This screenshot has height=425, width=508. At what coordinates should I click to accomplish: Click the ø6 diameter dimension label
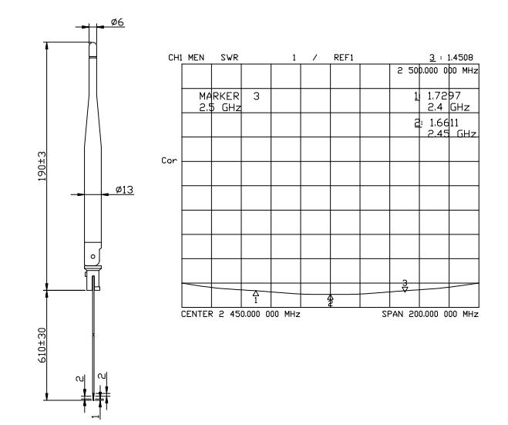[x=117, y=22]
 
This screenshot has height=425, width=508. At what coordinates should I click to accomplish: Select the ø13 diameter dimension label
[x=124, y=189]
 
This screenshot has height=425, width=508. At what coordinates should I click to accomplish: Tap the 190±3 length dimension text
[x=42, y=167]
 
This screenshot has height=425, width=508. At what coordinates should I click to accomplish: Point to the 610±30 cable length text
[x=42, y=345]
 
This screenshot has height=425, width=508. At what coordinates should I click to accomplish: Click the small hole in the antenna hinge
[x=93, y=257]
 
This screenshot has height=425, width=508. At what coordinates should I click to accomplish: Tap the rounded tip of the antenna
[x=93, y=45]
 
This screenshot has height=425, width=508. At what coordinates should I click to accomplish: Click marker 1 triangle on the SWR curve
[x=256, y=293]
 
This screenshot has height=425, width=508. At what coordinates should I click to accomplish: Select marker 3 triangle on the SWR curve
[x=405, y=289]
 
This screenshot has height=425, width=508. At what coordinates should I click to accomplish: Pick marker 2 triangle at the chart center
[x=330, y=297]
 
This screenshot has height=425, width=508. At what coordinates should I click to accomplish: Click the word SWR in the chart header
[x=230, y=58]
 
